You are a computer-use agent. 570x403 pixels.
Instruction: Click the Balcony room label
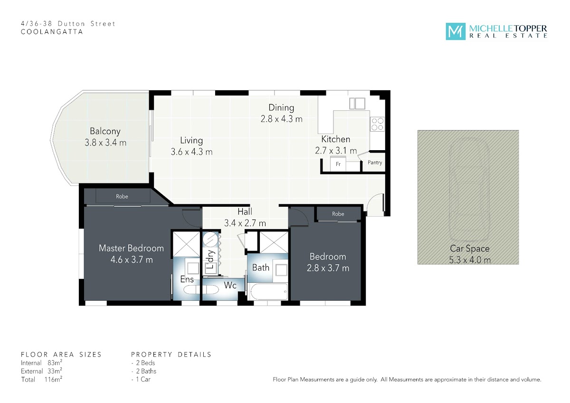point(105,131)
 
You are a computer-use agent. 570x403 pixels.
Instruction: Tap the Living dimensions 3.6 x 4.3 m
point(191,152)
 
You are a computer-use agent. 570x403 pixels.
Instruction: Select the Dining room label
point(281,108)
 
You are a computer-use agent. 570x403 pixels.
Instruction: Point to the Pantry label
point(375,163)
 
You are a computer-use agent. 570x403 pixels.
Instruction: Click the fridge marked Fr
point(338,163)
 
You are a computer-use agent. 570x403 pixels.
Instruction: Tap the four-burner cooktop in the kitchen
point(377,124)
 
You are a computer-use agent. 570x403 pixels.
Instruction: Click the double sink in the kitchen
point(357,104)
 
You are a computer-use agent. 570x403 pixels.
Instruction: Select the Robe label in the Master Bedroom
point(122,197)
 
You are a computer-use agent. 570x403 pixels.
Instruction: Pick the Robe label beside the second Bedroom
point(338,214)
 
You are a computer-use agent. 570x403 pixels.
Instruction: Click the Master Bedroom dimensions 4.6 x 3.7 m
point(132,260)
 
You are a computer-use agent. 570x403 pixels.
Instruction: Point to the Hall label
point(245,211)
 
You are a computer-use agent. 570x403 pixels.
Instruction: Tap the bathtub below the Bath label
point(269,292)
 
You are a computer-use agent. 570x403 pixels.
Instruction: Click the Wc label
point(230,286)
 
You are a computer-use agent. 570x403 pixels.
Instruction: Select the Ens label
point(187,279)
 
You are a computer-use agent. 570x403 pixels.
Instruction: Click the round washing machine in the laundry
point(210,240)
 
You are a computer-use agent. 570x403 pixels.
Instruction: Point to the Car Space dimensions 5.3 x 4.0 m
point(470,260)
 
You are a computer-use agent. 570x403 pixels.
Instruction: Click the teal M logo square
point(456,31)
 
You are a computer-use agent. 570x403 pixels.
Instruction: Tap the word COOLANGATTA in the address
point(52,32)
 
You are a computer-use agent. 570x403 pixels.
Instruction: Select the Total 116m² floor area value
point(53,379)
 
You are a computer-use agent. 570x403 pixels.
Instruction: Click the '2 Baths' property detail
point(146,371)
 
